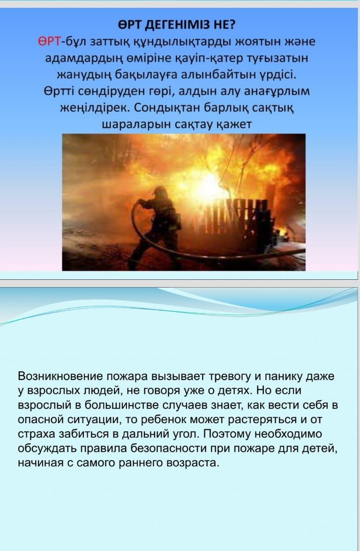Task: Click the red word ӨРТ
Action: [49, 42]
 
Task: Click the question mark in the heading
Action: [232, 25]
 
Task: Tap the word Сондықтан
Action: [168, 108]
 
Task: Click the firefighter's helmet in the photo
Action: [159, 191]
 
